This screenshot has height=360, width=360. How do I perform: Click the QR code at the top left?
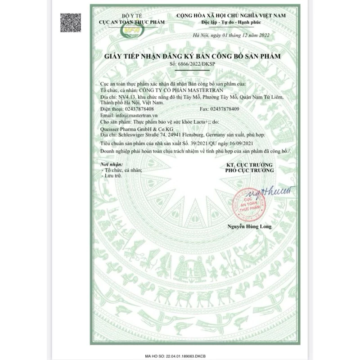pyautogui.click(x=71, y=22)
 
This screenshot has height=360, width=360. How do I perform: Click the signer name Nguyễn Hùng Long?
pyautogui.click(x=249, y=226)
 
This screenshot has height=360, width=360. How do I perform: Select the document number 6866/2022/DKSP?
pyautogui.click(x=180, y=65)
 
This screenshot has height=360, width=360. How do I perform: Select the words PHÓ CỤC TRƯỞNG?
pyautogui.click(x=250, y=171)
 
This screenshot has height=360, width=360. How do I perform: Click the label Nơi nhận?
pyautogui.click(x=111, y=165)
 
